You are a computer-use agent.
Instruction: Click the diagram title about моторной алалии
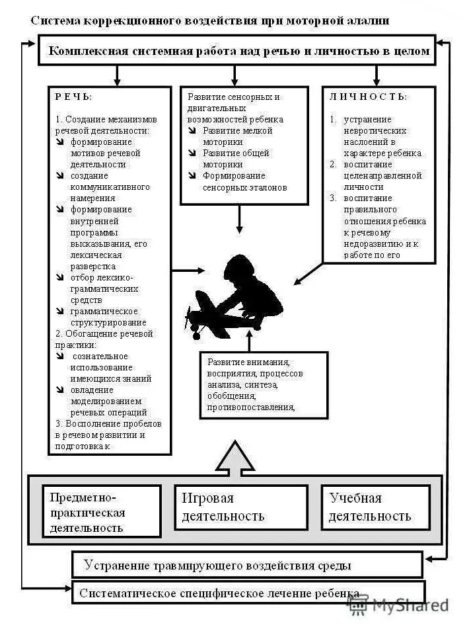coord(210,21)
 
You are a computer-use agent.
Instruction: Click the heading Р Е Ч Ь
coord(73,97)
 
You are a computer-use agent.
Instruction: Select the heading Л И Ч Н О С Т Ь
coord(368,97)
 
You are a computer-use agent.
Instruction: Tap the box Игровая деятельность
coord(241,507)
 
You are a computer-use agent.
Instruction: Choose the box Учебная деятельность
coord(375,507)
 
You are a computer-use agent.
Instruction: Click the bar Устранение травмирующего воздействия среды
coord(246,566)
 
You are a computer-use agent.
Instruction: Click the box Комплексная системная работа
coord(237,51)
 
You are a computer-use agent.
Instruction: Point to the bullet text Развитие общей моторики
coord(236,159)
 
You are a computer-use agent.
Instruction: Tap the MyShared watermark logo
coord(399,604)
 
